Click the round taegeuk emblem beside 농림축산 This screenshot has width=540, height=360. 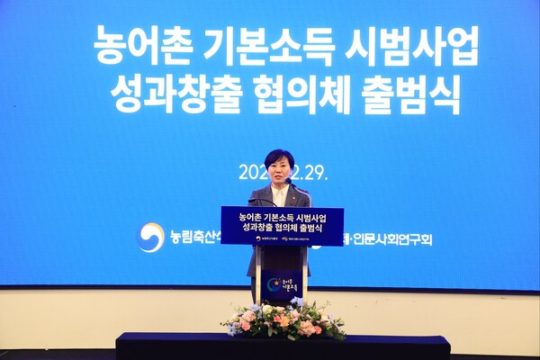click(x=150, y=238)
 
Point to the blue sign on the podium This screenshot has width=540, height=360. click(x=282, y=226)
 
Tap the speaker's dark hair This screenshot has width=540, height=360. click(x=279, y=157)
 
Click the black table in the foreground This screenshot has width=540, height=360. click(x=283, y=346)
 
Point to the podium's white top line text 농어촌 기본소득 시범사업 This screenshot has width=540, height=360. click(x=282, y=217)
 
